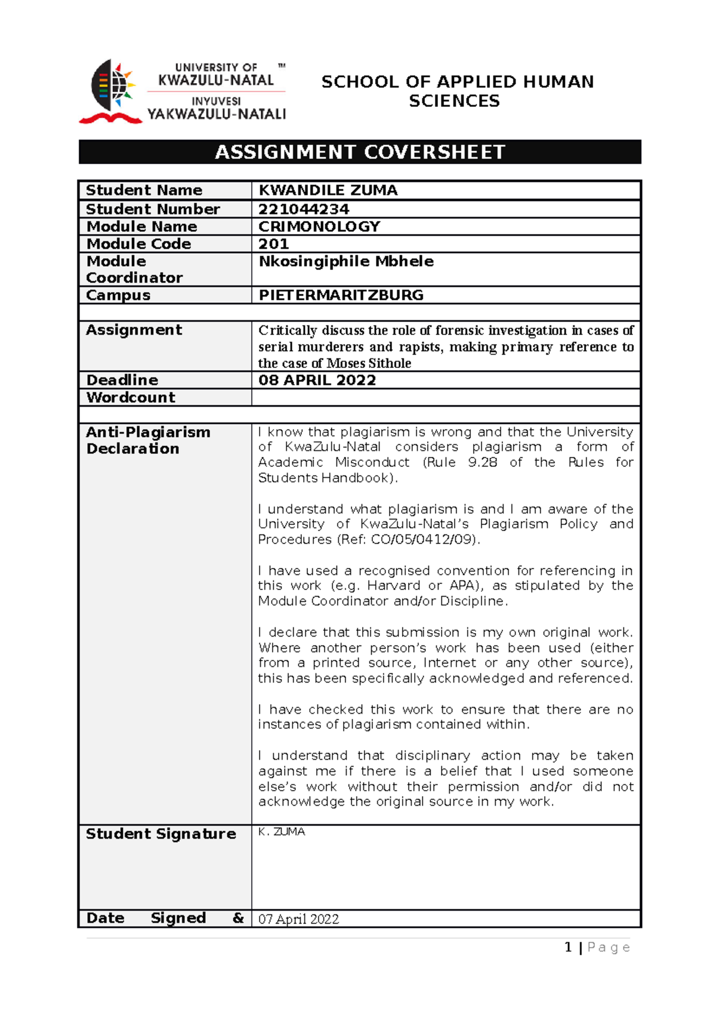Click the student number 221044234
click(x=304, y=209)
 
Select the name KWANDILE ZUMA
click(x=328, y=190)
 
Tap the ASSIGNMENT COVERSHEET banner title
click(x=360, y=152)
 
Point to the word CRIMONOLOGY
click(x=319, y=226)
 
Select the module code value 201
click(x=273, y=244)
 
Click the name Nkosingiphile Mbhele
click(x=346, y=261)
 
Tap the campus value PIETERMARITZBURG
click(x=341, y=295)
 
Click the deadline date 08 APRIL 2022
click(x=317, y=380)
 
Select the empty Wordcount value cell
click(x=446, y=397)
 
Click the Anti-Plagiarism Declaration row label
click(x=147, y=440)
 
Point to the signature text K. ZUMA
click(x=282, y=832)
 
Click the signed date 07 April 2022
click(x=298, y=919)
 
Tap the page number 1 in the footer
click(x=568, y=947)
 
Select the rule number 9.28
click(x=482, y=462)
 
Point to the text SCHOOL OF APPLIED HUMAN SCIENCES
click(x=457, y=91)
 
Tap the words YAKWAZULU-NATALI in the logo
click(x=217, y=114)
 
